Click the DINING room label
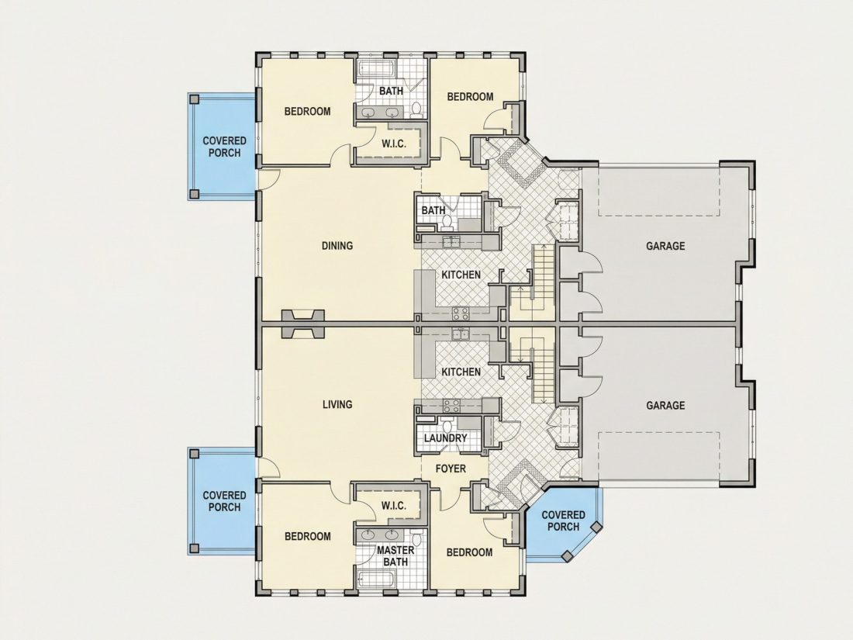click(x=337, y=246)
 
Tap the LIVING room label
click(x=337, y=404)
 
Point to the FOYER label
click(x=451, y=469)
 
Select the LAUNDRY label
click(x=445, y=438)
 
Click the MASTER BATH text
click(x=395, y=555)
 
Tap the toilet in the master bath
click(x=416, y=539)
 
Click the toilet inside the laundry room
click(x=447, y=425)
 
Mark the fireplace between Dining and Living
click(x=303, y=324)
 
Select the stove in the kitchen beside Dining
click(x=461, y=313)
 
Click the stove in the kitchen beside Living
click(x=451, y=406)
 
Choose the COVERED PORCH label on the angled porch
click(x=563, y=521)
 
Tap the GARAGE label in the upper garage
click(x=665, y=246)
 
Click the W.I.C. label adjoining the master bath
click(x=393, y=506)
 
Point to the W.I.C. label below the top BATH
click(x=393, y=144)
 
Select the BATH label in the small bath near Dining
click(x=433, y=210)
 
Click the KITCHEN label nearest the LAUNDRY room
click(x=461, y=372)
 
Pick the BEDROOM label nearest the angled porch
click(x=469, y=552)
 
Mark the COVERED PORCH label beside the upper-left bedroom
click(x=224, y=147)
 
